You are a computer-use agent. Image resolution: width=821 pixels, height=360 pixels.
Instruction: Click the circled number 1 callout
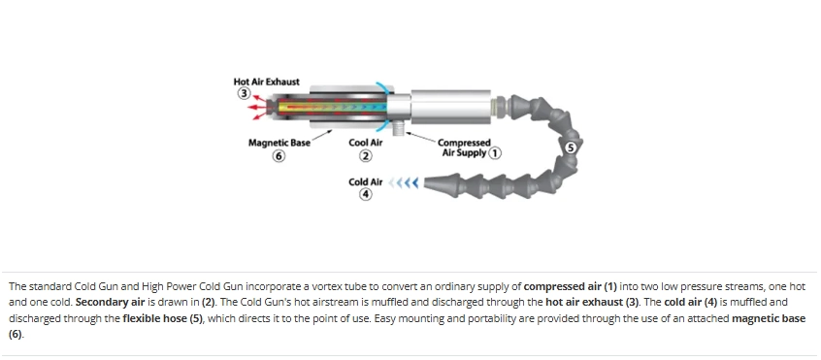(x=495, y=152)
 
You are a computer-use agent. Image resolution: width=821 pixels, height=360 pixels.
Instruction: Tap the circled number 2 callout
(x=366, y=156)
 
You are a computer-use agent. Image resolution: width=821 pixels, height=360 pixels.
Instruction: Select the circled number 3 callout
(x=244, y=93)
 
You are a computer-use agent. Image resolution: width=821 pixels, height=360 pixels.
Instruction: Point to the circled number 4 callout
(x=366, y=195)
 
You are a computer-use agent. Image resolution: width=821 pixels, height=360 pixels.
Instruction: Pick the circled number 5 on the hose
(x=572, y=147)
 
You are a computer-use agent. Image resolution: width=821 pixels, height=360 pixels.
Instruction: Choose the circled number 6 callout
(x=279, y=156)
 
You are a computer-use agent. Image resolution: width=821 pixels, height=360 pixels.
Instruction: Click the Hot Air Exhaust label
(x=267, y=82)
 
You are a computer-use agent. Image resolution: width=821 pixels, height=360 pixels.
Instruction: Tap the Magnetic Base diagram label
(x=279, y=143)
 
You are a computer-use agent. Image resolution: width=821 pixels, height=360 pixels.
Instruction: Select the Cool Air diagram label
(x=366, y=143)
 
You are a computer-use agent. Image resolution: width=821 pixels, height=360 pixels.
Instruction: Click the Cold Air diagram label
(x=366, y=182)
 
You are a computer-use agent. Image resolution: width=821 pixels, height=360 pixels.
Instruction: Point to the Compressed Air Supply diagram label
(x=464, y=147)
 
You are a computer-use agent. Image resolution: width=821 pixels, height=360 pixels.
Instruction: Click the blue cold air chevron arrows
(x=404, y=182)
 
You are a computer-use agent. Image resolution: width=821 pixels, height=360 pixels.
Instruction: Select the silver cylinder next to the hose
(x=451, y=107)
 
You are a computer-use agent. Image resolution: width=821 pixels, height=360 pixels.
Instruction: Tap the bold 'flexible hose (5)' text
(x=162, y=318)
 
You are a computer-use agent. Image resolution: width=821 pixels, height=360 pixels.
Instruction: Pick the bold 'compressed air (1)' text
(x=571, y=286)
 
